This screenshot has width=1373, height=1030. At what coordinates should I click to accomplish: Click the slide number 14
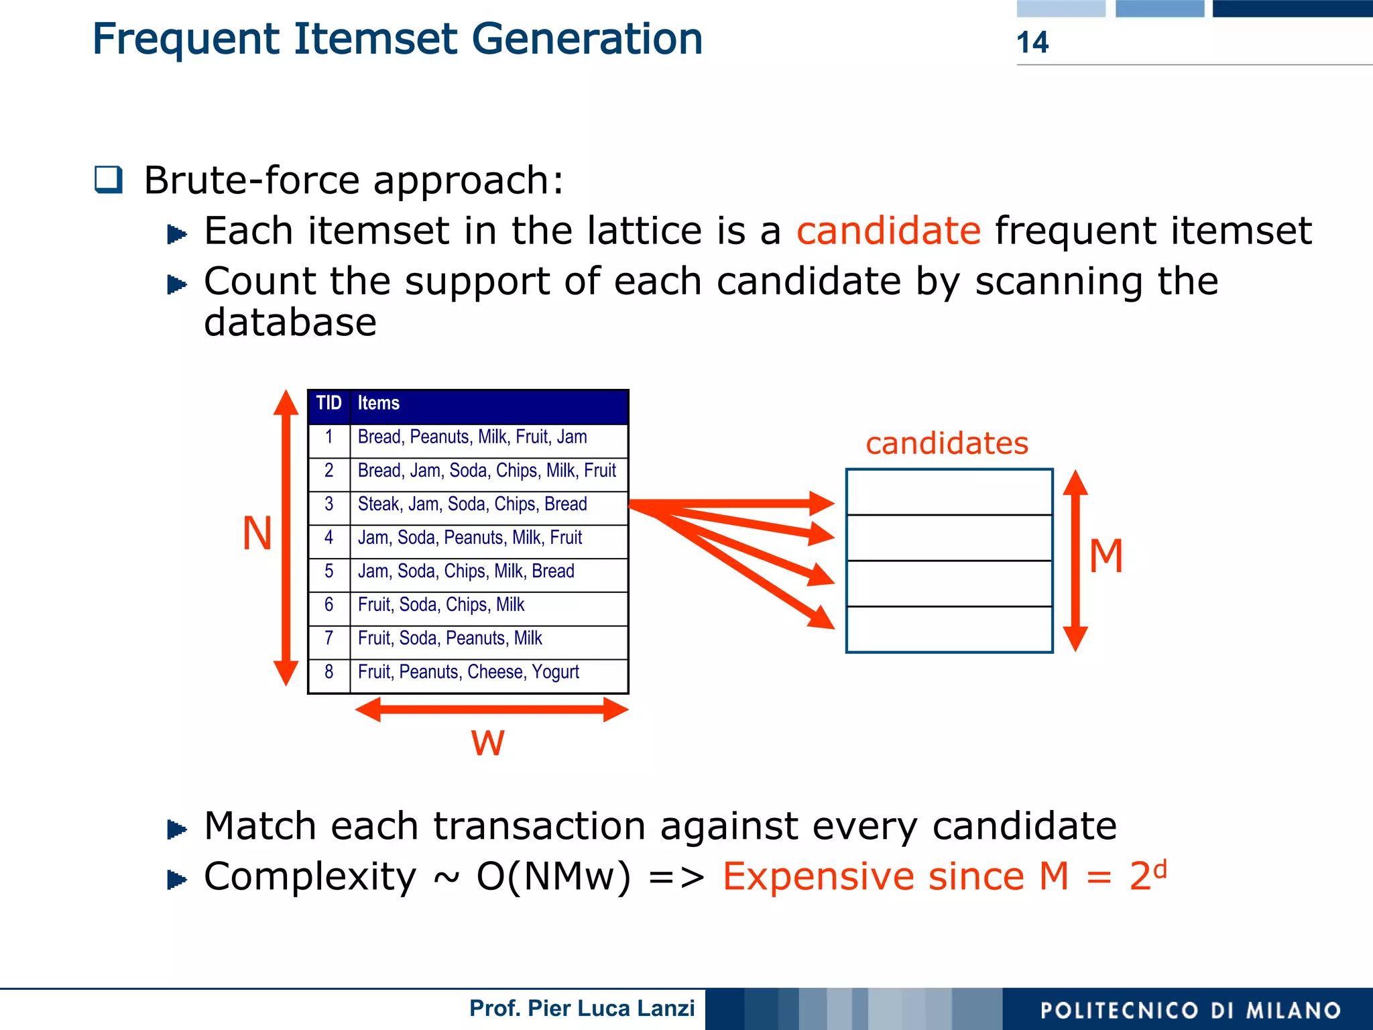click(1032, 42)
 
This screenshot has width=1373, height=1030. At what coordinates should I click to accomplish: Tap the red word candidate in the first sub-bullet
click(888, 231)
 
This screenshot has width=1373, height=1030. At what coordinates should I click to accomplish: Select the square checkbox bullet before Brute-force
click(109, 180)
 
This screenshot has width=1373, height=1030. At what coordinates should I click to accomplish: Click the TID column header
click(329, 403)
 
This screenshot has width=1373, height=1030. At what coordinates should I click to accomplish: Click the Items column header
click(378, 403)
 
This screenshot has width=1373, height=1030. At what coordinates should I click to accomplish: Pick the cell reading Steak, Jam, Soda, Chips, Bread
click(472, 504)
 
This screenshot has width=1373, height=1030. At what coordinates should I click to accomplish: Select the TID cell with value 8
click(329, 672)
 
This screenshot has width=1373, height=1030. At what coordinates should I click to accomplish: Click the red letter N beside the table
click(257, 534)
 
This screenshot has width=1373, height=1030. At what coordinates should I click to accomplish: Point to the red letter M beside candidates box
click(1106, 556)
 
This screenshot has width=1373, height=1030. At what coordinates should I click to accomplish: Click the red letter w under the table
click(487, 742)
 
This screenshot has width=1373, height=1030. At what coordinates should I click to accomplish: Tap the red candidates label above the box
click(947, 443)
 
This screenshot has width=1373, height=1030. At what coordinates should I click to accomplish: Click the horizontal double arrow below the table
click(491, 709)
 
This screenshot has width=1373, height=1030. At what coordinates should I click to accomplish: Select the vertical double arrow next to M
click(1075, 561)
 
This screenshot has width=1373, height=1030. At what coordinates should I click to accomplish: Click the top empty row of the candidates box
click(949, 492)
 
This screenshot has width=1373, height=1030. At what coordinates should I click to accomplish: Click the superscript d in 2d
click(1160, 868)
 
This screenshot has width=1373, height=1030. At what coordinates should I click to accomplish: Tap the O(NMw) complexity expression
click(553, 876)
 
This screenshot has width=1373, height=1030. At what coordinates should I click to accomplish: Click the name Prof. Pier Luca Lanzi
click(581, 1008)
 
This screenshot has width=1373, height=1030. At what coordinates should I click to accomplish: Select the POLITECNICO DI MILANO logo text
click(1190, 1010)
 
